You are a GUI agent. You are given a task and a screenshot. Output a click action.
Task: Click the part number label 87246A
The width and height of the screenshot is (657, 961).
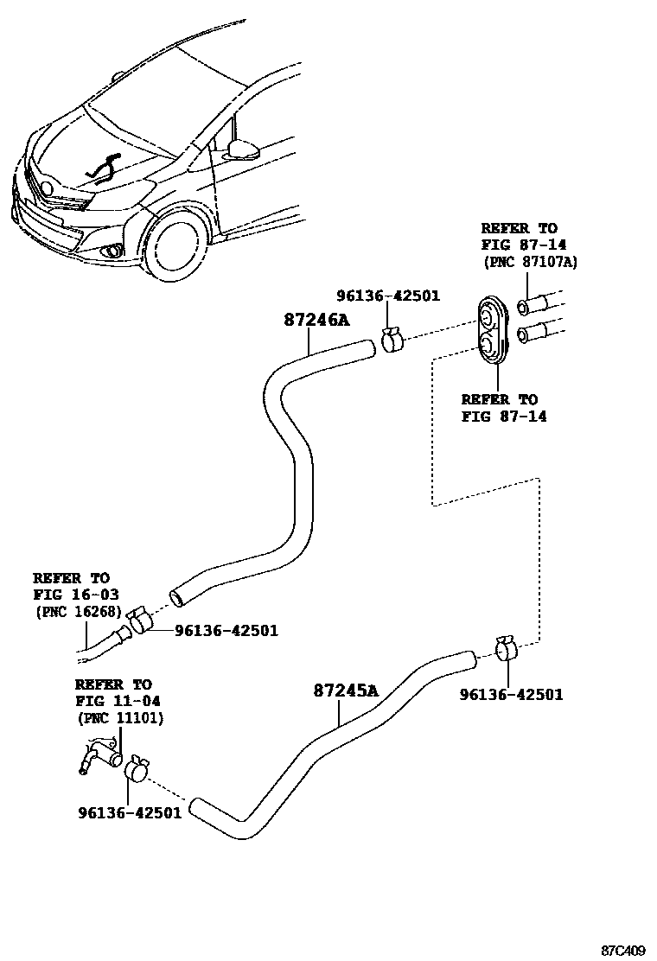tap(316, 320)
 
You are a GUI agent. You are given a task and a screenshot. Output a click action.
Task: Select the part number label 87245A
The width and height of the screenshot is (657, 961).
tap(346, 691)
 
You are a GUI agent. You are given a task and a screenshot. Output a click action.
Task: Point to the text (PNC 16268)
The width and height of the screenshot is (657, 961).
tap(78, 611)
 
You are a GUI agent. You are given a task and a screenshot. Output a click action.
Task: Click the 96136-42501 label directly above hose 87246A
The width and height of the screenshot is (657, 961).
tap(388, 296)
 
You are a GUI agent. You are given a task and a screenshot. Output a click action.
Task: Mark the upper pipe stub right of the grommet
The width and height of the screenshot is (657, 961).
tap(536, 305)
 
